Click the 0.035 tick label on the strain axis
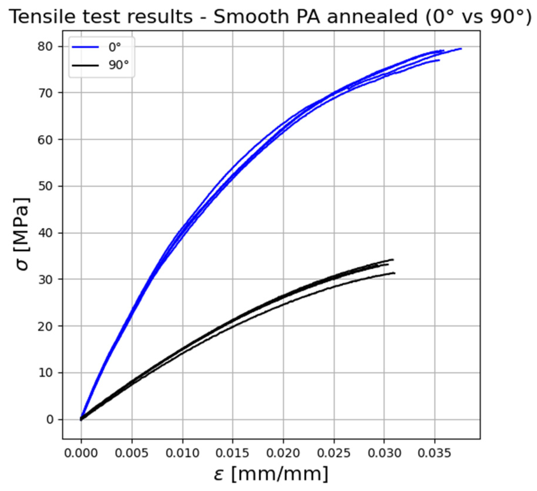tap(434, 453)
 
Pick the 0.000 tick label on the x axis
tap(81, 453)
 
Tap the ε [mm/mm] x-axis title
tap(271, 474)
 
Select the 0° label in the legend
tap(115, 47)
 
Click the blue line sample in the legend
tap(85, 47)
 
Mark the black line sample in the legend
tap(85, 65)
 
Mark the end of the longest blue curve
tap(461, 49)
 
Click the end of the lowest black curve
tap(394, 273)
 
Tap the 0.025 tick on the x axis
tap(334, 453)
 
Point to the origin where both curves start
tap(81, 419)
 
